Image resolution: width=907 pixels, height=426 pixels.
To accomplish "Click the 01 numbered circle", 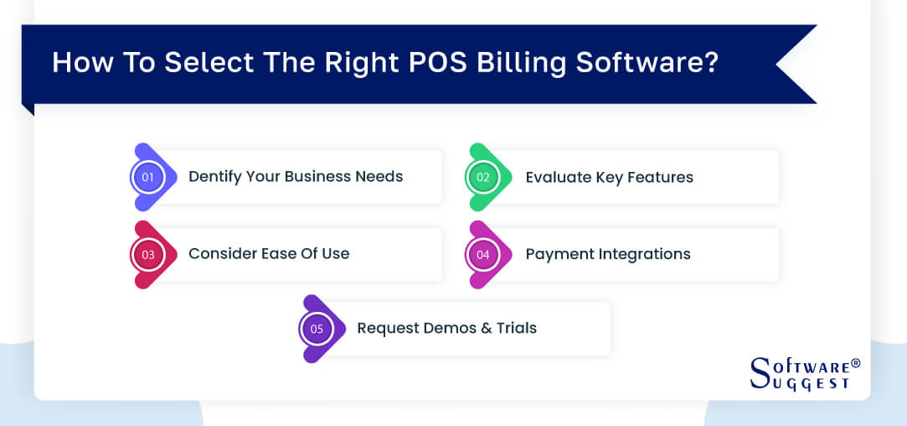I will pos(148,177).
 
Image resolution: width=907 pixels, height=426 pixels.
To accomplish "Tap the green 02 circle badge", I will pos(483,177).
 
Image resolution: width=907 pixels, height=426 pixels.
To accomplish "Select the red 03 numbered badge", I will pos(148,254).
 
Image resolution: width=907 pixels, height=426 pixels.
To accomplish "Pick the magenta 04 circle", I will pos(483,254).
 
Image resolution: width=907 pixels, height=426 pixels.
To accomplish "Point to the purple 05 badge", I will pos(317,329).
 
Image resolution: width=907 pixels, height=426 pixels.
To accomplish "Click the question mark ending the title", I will pos(711,63).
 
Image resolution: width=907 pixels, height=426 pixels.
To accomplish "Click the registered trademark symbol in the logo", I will pos(855,363).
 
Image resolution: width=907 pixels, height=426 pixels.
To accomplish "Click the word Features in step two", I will pos(656,177).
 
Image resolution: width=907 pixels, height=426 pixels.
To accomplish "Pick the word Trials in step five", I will pos(515,328).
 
